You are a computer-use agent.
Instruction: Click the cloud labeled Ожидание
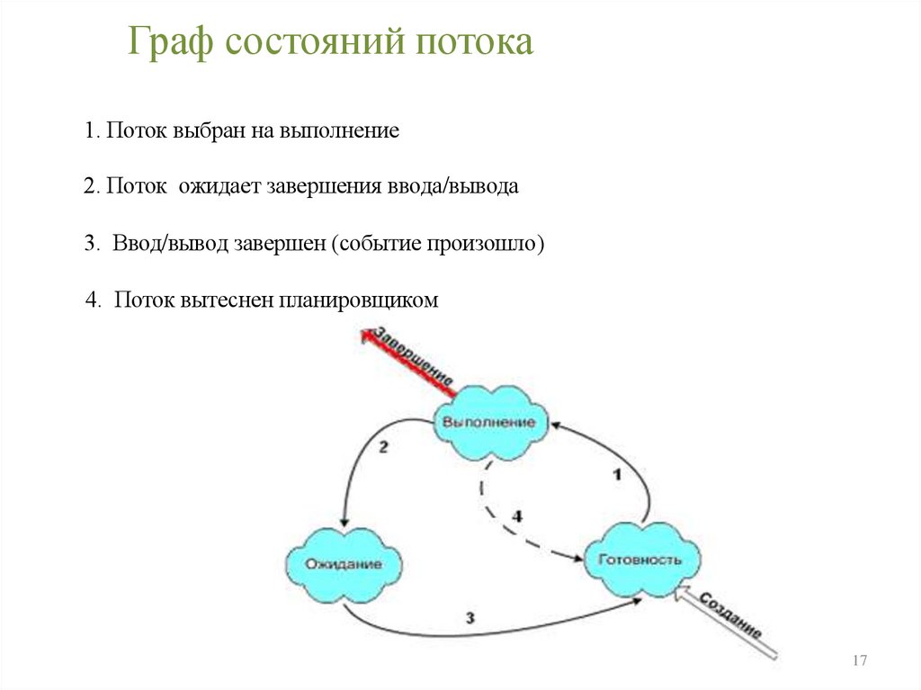point(344,564)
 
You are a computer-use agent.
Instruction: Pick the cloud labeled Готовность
point(640,560)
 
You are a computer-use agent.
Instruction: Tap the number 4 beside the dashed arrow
point(517,515)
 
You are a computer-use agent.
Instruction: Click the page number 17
point(859,661)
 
